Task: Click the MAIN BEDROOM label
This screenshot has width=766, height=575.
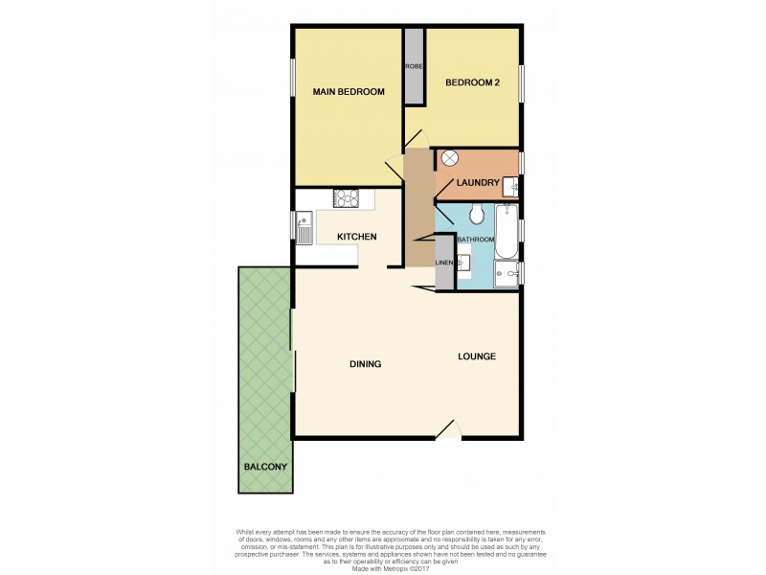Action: coord(349,92)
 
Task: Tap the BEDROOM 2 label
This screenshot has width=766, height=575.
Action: coord(472,83)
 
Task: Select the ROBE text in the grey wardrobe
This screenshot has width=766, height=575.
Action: coord(414,66)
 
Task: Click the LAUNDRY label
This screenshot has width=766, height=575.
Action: coord(478,183)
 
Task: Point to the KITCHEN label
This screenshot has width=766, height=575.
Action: coord(355,237)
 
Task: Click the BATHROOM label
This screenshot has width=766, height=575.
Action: coord(475,239)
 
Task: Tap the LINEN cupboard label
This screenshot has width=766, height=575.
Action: coord(443,263)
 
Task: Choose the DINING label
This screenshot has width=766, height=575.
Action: coord(365,364)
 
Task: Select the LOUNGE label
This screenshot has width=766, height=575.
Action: coord(476,356)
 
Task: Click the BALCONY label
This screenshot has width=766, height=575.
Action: coord(264,467)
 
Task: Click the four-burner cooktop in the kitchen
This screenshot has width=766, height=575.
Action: coord(346,198)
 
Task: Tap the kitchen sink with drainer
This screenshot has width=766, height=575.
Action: coord(304,230)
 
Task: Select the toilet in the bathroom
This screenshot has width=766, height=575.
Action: coord(479,213)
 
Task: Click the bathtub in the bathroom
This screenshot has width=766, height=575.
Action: coord(506,232)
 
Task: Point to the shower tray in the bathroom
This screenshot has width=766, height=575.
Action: coord(506,275)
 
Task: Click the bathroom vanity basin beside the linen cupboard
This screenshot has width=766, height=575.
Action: coord(464,262)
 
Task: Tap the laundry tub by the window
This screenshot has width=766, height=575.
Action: coord(509,187)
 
